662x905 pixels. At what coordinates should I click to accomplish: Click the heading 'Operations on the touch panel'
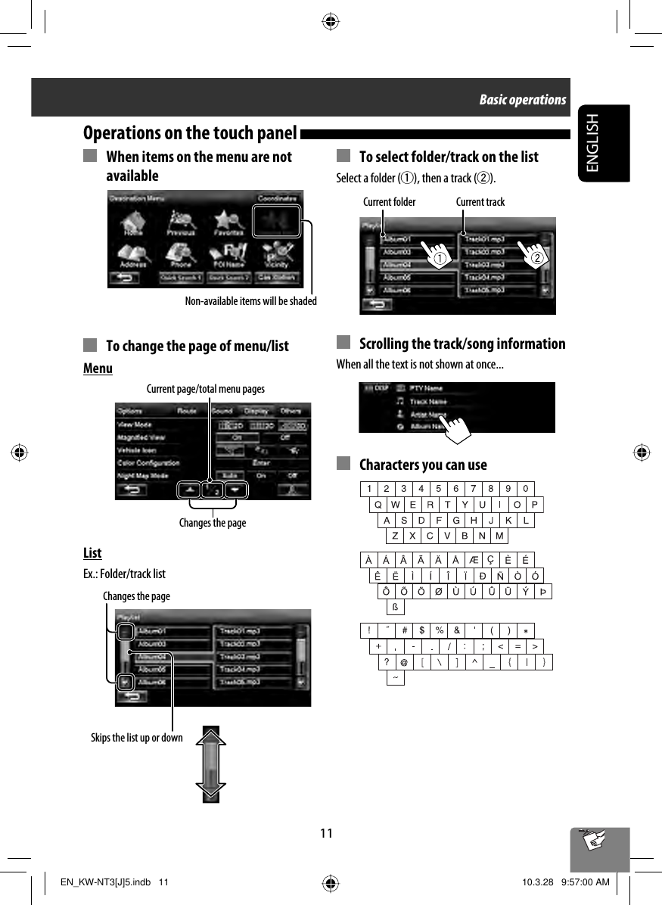(x=189, y=133)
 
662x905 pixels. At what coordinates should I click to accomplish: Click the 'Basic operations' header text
(x=522, y=100)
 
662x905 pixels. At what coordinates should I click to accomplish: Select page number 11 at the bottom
(x=325, y=833)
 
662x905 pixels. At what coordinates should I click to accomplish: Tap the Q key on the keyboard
(x=377, y=505)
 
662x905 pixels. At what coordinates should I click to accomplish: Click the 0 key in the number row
(x=526, y=488)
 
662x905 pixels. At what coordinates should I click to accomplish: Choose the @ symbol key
(x=404, y=662)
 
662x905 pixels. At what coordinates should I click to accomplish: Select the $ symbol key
(x=421, y=630)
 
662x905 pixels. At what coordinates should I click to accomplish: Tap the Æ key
(x=473, y=561)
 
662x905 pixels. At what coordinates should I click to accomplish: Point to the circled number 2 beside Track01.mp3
(x=536, y=259)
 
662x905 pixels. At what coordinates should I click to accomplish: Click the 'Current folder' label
(x=389, y=201)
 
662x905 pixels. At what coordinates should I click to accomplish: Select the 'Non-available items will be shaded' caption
(x=251, y=300)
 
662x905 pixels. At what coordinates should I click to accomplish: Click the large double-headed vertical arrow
(x=210, y=763)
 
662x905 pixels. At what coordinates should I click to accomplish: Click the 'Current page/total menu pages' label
(x=205, y=389)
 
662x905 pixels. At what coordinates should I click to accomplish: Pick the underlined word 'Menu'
(x=98, y=369)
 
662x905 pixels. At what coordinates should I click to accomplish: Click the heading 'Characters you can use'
(x=423, y=465)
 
